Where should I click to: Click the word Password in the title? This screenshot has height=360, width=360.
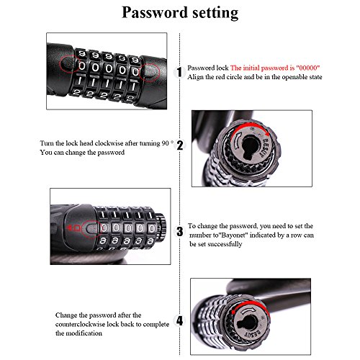[155, 12]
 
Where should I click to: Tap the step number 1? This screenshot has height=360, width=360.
[179, 72]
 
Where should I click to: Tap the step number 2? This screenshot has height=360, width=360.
[180, 145]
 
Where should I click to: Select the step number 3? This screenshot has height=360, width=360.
[180, 232]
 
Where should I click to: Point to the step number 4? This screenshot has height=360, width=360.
[180, 321]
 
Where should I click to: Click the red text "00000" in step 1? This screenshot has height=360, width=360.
[308, 68]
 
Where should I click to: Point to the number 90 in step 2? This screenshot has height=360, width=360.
[166, 143]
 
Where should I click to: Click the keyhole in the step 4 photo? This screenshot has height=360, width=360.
[248, 324]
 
